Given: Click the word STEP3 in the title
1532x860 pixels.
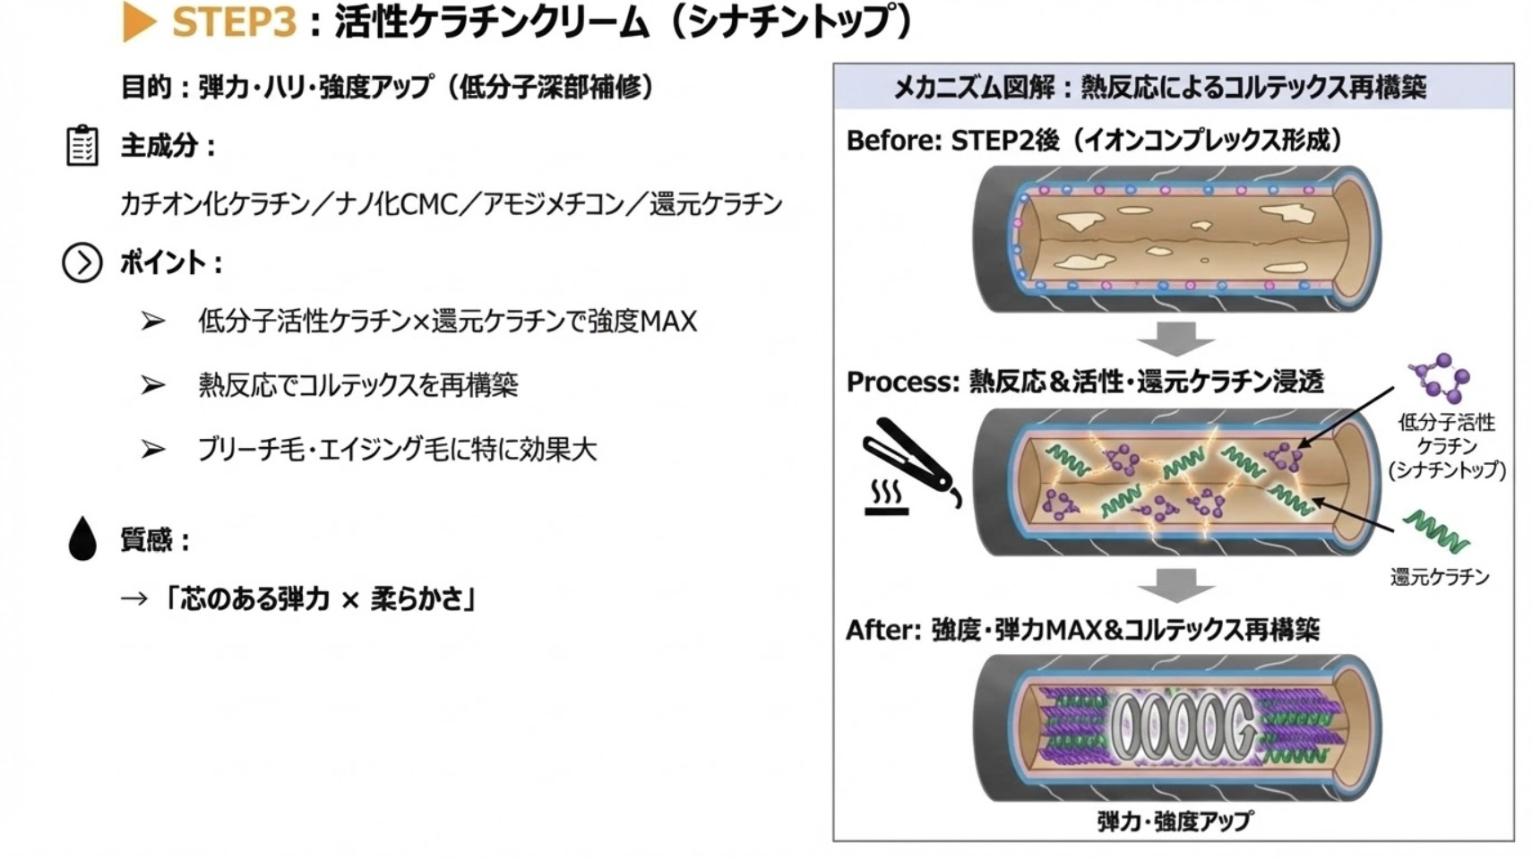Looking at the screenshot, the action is [x=235, y=21].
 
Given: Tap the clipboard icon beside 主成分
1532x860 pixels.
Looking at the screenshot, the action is [x=82, y=146].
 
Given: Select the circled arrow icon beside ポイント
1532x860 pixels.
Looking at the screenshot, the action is [x=82, y=263].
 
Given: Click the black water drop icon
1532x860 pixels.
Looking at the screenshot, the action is [x=82, y=538].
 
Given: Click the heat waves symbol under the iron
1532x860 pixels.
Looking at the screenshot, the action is [x=887, y=497].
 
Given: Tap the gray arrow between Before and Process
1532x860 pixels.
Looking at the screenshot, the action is [x=1175, y=340].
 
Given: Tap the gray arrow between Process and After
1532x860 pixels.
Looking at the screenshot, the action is [x=1175, y=585].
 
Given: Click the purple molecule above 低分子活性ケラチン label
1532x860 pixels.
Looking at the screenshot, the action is [x=1440, y=378].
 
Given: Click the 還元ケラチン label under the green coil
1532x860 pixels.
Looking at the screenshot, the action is [x=1440, y=577].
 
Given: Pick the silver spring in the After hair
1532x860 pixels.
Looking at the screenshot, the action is [x=1183, y=728].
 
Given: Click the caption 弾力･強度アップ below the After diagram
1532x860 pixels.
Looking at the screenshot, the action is [x=1175, y=821].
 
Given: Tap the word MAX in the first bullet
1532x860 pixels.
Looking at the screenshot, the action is [x=669, y=322].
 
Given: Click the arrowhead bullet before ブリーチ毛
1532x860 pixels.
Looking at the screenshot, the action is [x=152, y=449].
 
